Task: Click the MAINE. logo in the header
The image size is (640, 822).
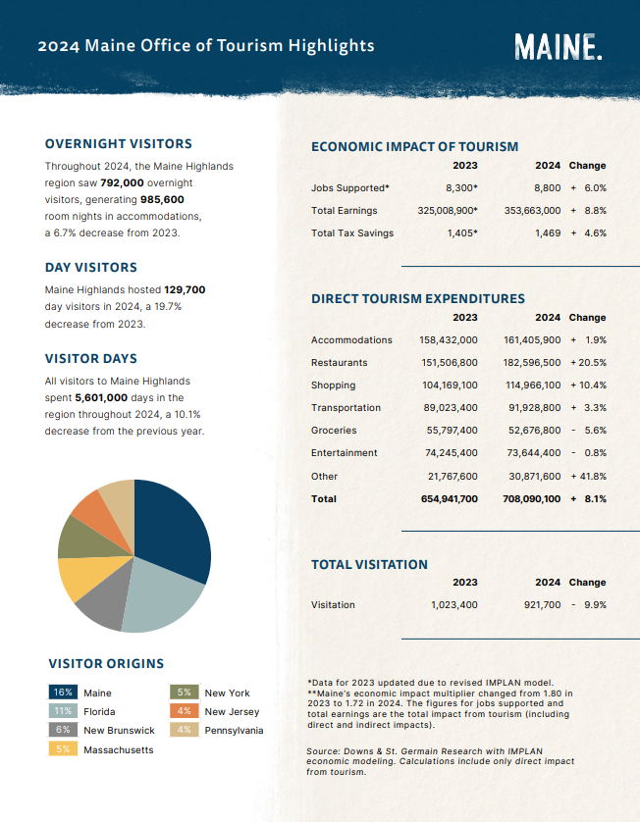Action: click(x=559, y=47)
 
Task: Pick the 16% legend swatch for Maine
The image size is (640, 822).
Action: click(x=63, y=692)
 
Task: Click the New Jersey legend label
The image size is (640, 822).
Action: click(x=232, y=711)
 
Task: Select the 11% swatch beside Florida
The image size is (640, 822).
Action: click(x=63, y=711)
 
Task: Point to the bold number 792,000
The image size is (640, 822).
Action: click(x=123, y=183)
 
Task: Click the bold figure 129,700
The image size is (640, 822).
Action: click(x=185, y=290)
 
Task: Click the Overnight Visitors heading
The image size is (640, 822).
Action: click(x=119, y=143)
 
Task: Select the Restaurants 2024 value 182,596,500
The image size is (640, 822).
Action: click(x=532, y=363)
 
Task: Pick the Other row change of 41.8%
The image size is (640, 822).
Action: click(x=589, y=477)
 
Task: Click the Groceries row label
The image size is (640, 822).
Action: click(x=334, y=431)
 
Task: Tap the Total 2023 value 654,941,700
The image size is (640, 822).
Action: click(x=449, y=499)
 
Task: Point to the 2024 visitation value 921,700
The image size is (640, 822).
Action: click(x=543, y=605)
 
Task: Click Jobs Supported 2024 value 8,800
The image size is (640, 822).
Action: click(x=548, y=188)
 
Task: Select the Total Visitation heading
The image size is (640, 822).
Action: click(x=369, y=565)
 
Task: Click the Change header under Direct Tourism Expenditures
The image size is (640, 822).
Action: click(x=588, y=318)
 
